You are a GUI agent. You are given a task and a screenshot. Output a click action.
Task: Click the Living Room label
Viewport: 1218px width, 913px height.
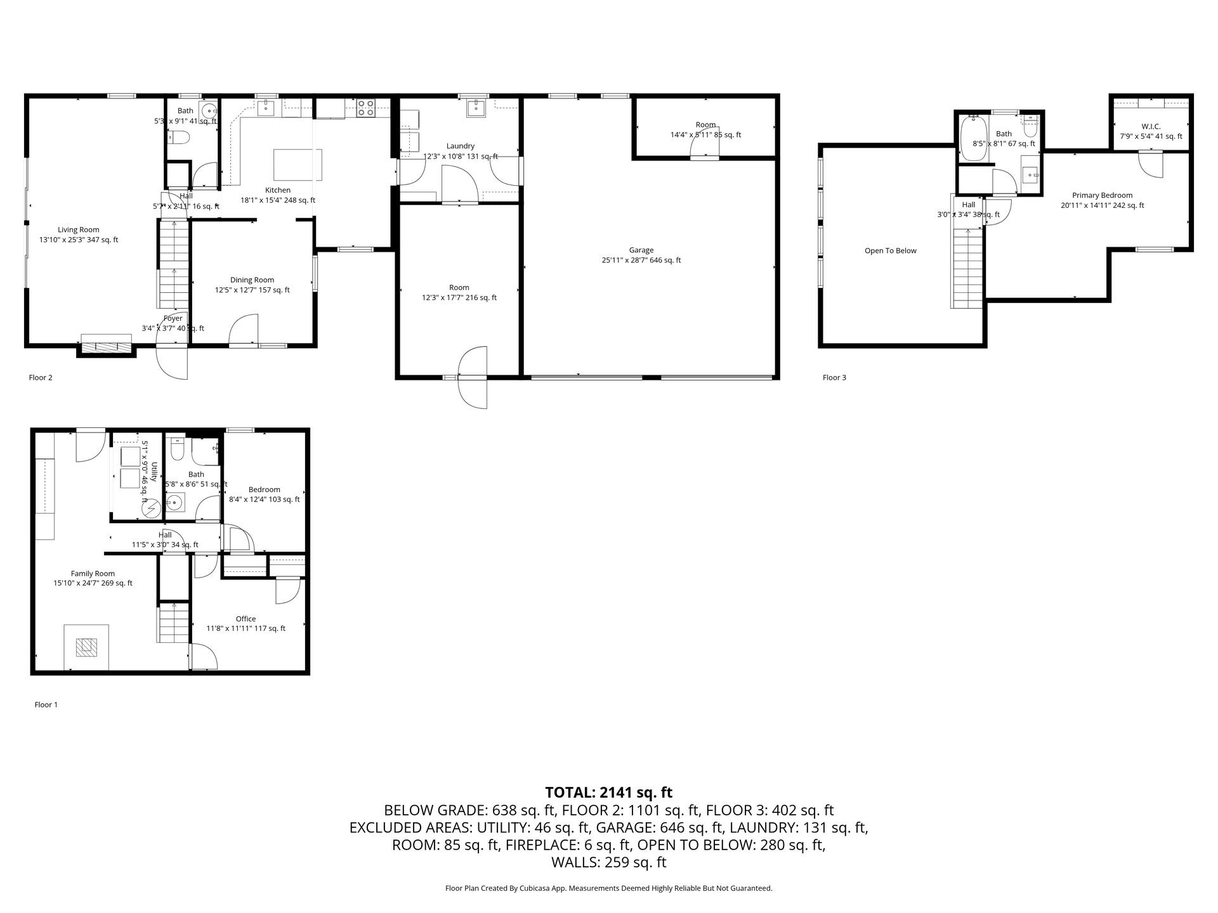pos(79,230)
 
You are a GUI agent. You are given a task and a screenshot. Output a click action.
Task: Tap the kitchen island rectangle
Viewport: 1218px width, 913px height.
pos(298,165)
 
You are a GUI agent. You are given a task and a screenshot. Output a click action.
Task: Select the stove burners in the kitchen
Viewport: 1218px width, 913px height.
pos(365,108)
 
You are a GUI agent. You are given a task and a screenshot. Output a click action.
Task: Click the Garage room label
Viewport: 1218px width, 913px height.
pos(641,250)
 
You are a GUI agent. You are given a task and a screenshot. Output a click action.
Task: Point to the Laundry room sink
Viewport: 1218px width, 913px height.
pos(476,108)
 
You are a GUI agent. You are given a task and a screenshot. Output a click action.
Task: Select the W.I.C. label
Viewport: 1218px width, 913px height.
pos(1151,127)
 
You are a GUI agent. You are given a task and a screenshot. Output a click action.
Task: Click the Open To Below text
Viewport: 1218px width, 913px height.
pos(890,251)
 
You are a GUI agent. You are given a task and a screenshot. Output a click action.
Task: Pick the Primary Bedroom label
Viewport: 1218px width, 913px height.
pos(1102,195)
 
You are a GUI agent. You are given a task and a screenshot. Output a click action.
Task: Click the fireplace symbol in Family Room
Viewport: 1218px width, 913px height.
pos(86,647)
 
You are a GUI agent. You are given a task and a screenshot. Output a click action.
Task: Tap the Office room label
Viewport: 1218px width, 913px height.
pos(246,619)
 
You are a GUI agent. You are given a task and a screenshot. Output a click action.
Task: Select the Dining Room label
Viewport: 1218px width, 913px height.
pos(252,280)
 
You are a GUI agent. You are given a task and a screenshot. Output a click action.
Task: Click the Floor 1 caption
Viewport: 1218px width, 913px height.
pos(46,704)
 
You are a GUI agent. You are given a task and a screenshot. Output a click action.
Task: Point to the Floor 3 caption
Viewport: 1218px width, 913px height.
pos(834,378)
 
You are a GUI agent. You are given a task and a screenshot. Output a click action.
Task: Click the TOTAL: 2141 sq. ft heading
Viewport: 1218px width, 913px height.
pos(608,793)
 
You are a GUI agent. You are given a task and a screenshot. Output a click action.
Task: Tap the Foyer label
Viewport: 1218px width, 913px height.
pos(173,318)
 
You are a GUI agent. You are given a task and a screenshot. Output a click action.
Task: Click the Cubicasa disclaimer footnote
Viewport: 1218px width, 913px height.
pos(608,888)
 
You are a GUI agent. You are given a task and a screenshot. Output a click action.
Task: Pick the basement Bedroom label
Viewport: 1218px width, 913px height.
pos(264,489)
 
